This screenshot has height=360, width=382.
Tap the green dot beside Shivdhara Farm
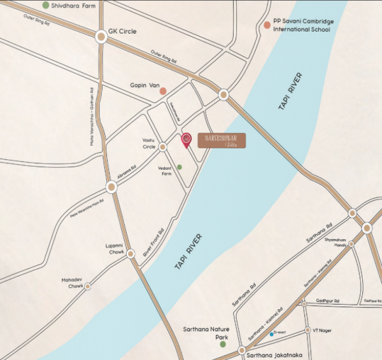point(46,5)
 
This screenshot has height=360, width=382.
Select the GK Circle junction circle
point(101,38)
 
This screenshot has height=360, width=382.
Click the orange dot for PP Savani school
point(267,25)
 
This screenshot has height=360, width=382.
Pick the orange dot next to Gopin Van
point(164,90)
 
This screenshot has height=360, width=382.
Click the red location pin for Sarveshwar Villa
point(187,139)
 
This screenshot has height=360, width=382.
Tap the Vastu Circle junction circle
point(162,147)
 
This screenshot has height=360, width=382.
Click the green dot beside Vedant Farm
point(180,167)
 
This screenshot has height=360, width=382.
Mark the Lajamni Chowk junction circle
point(131,254)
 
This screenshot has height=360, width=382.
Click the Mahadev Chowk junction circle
point(88,286)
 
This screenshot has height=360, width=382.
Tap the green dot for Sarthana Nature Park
point(223,344)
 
